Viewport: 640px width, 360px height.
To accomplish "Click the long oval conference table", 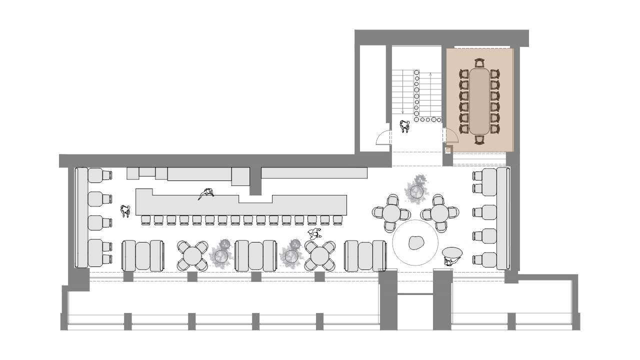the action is click(x=479, y=101).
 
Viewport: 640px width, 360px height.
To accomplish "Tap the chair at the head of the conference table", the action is click(x=480, y=63).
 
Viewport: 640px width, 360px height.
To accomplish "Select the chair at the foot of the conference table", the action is click(x=480, y=139).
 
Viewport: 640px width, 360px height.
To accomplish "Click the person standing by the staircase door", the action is click(x=404, y=126).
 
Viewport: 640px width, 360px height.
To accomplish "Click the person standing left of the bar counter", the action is click(x=124, y=211).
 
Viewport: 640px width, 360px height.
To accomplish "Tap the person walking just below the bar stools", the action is click(x=314, y=233).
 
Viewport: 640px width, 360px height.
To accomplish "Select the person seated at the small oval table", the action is click(x=450, y=260).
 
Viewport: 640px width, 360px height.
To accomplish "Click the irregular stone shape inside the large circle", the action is click(x=415, y=243).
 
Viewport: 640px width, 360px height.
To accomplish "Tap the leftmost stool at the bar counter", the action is click(x=145, y=219).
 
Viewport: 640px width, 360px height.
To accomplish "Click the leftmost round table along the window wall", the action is click(x=192, y=255).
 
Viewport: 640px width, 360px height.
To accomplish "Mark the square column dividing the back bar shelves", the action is click(x=255, y=180).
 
